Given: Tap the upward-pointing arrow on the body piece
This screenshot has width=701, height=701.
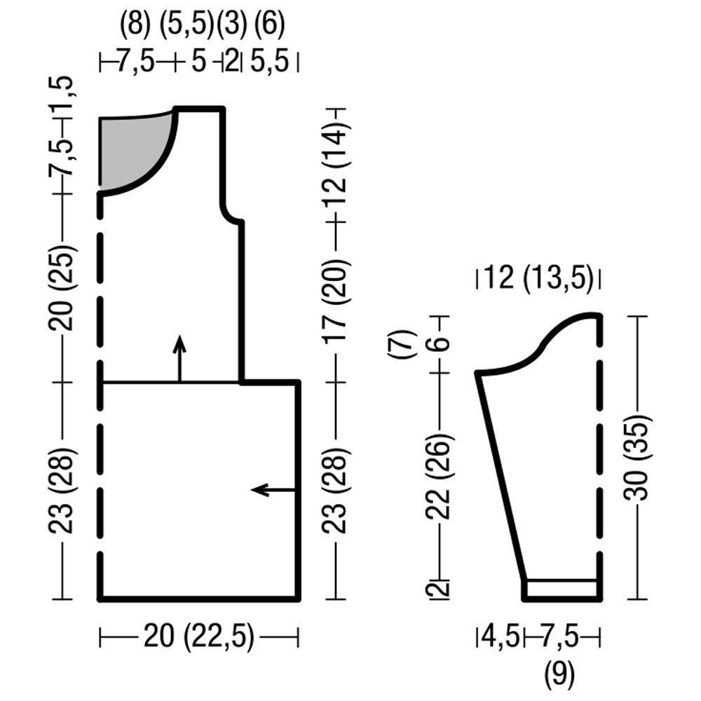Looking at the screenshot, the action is tap(179, 358).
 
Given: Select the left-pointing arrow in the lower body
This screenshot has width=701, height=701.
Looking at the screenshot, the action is tap(273, 490).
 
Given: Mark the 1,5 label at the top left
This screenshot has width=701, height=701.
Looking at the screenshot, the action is tap(60, 95).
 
